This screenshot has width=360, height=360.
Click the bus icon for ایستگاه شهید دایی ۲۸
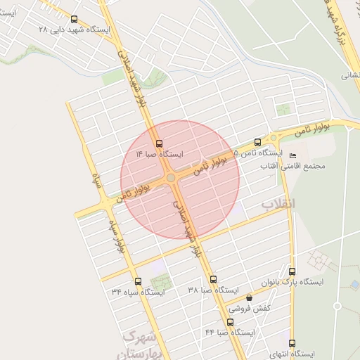(75, 20)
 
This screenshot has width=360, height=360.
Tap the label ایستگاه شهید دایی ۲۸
(75, 30)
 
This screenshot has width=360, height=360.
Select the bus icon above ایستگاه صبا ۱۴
(160, 143)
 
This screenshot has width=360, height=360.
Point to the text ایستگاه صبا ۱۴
(160, 153)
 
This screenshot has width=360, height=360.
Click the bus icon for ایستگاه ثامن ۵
(257, 142)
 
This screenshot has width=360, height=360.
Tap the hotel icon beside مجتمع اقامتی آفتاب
(293, 155)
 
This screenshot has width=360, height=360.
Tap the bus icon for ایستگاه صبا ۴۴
(230, 322)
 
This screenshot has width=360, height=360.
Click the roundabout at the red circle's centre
(171, 178)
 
